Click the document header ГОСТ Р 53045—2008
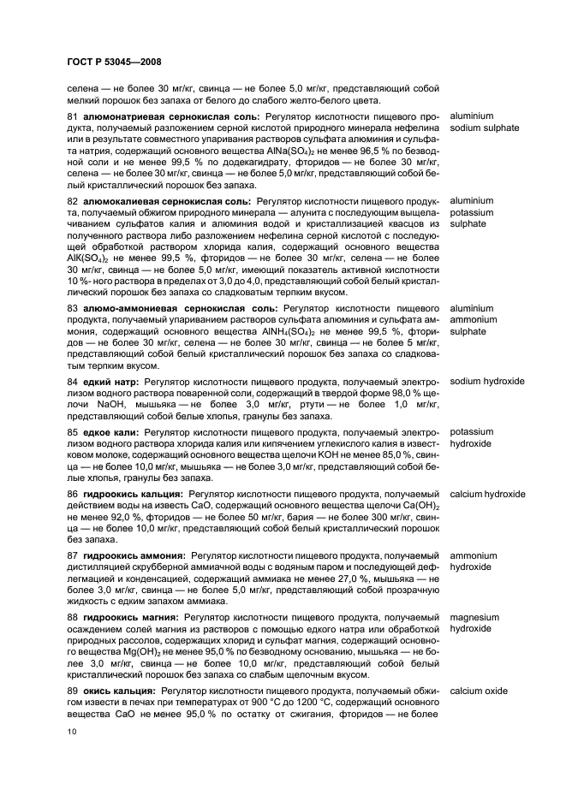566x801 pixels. coord(114,62)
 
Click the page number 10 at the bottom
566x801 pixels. coord(73,729)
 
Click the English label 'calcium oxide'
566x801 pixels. coord(478,690)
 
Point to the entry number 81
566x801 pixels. coord(73,116)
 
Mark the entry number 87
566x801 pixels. coord(73,555)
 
